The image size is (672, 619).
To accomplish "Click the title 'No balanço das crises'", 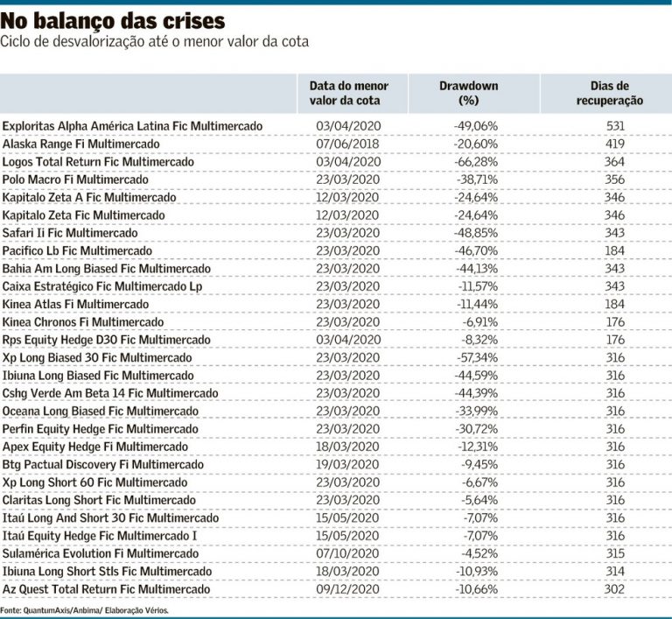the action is [x=113, y=21].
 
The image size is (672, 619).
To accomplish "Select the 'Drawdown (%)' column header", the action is [x=469, y=93].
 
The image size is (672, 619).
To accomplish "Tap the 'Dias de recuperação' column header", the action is [x=609, y=93].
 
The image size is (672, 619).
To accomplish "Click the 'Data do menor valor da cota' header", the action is [x=348, y=93].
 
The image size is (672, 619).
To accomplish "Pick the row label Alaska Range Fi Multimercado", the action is [x=81, y=144].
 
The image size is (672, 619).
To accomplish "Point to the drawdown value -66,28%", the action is [x=476, y=162].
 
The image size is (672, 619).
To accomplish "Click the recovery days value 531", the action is [x=615, y=126].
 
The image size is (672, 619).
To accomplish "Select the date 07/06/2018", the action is [x=347, y=144].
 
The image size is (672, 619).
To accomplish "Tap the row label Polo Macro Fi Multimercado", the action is [x=75, y=179].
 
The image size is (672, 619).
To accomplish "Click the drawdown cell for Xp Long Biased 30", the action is [x=477, y=358].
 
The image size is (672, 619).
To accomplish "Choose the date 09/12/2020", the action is [x=347, y=589].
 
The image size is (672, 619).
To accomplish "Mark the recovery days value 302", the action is [x=614, y=589].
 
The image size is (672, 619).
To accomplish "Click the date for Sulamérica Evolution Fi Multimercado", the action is [x=347, y=554].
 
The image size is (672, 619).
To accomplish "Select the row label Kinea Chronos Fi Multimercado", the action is [x=83, y=322].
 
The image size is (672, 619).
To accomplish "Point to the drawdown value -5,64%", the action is [x=479, y=500].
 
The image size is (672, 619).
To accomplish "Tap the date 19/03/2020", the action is [x=347, y=465].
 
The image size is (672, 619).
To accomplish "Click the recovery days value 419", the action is [x=614, y=144].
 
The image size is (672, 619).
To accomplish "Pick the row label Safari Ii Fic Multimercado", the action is [x=70, y=233].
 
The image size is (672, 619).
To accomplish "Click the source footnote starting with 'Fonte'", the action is [x=84, y=610].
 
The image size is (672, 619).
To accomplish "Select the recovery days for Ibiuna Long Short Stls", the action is [x=615, y=572].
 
